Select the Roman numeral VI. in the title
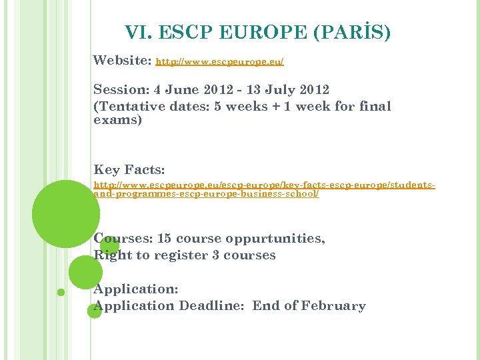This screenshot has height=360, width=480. coord(139,32)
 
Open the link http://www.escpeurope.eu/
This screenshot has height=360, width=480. coord(219,62)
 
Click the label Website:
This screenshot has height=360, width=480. coord(122,61)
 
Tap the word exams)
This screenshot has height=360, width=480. coord(118,121)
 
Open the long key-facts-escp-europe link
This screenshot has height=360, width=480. coord(264,188)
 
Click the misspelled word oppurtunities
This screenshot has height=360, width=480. coord(276,239)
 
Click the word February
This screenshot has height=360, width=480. coord(333,306)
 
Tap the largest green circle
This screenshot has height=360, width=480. coord(66,214)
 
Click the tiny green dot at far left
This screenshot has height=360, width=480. coord(61,292)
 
